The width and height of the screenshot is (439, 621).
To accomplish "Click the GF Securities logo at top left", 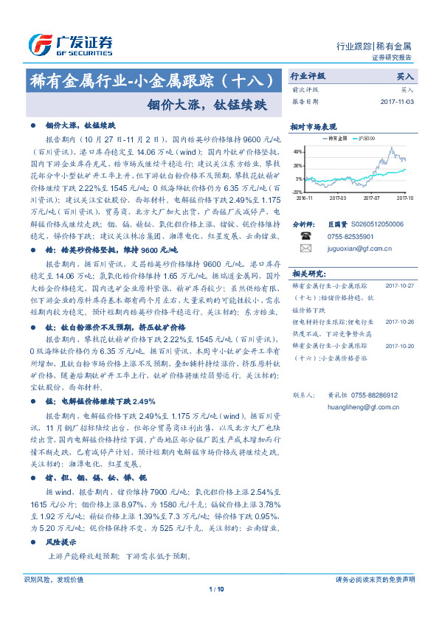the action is click(70, 44).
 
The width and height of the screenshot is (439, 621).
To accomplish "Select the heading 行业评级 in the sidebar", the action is click(307, 76).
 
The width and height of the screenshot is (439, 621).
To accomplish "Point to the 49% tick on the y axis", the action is click(298, 152).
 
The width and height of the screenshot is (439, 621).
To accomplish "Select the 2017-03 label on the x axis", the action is click(338, 198).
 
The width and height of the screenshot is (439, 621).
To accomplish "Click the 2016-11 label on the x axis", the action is click(304, 198).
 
